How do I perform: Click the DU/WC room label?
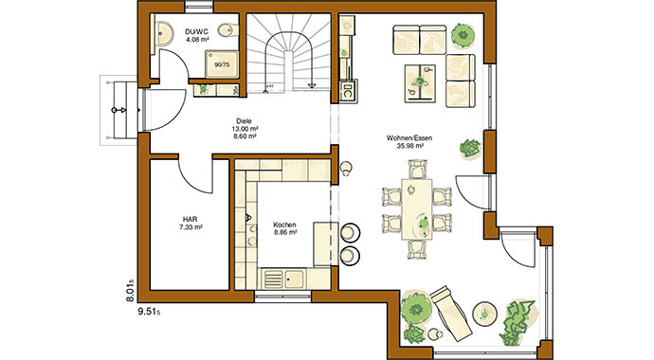coord(197,31)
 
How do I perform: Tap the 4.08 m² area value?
coord(197,40)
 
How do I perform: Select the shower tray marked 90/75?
coord(222,64)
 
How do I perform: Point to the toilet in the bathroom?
coord(228,29)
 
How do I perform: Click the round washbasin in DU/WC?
coord(165,32)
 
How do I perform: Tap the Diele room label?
coord(244,121)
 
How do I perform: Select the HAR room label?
coord(191,219)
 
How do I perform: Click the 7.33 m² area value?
coord(191,227)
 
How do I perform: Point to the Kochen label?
coord(285,225)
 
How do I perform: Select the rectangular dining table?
coord(417,209)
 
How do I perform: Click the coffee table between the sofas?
coord(420,83)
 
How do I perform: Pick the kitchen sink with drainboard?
coord(284,279)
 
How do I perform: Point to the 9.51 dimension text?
coord(149,312)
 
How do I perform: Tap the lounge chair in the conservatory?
coord(451,313)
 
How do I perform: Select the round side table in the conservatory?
coord(484,313)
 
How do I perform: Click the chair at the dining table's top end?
coord(417,169)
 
